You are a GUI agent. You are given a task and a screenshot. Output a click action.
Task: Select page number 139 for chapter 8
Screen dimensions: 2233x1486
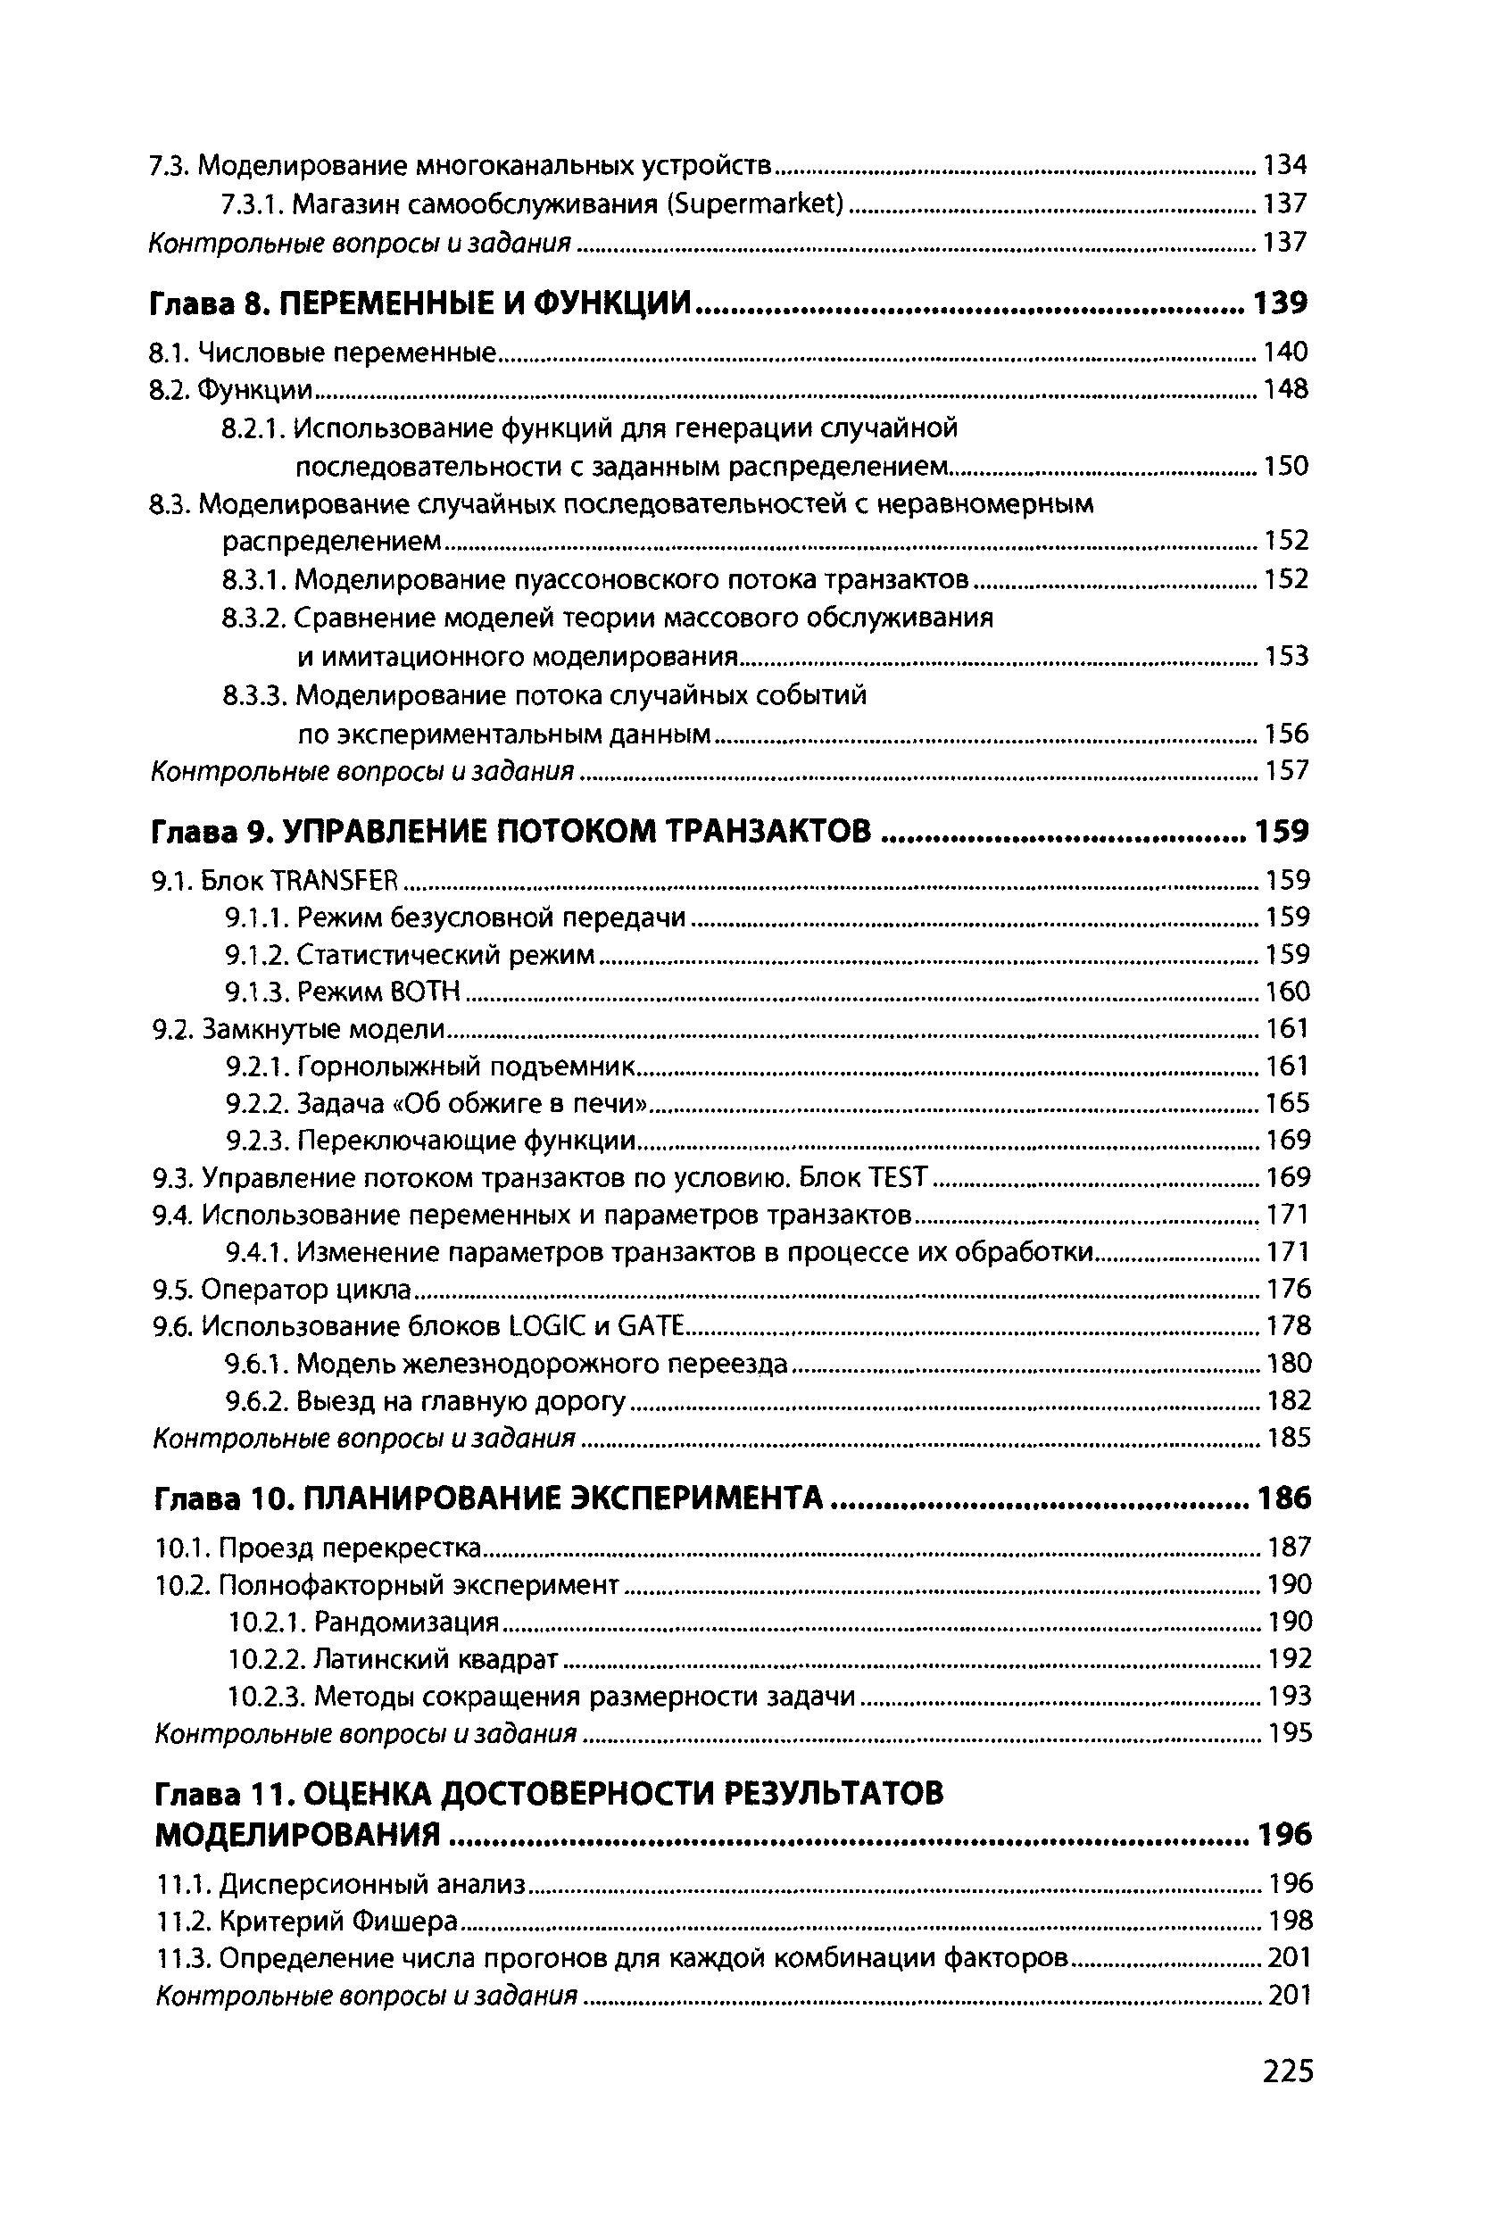[x=1281, y=303]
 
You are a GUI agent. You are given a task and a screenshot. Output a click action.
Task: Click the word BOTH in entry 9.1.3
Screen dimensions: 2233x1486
[x=425, y=992]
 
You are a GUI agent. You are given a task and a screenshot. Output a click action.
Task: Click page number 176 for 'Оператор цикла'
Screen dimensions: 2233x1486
[x=1289, y=1289]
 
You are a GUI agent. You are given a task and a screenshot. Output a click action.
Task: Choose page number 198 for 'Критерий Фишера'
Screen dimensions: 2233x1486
[x=1290, y=1922]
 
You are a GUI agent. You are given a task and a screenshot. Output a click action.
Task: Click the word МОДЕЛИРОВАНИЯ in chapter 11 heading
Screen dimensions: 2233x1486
[x=297, y=1834]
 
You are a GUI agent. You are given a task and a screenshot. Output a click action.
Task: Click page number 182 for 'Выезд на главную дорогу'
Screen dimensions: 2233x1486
[x=1289, y=1400]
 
